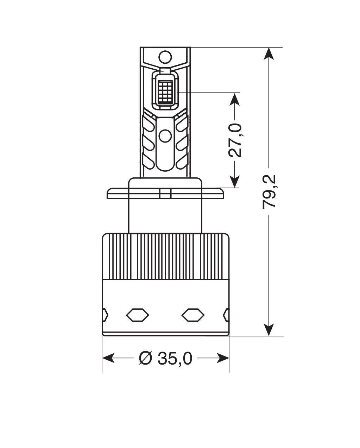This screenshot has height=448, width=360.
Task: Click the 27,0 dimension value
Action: tap(235, 140)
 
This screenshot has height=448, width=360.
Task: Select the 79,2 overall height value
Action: tap(270, 191)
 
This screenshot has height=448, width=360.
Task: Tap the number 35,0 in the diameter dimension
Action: tap(175, 358)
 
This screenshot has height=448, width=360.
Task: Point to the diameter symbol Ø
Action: tap(145, 358)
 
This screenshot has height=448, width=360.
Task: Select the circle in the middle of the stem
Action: tap(165, 135)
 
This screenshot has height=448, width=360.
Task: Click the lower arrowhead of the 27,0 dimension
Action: tap(235, 181)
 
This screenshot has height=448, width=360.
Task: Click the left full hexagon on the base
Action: tap(138, 314)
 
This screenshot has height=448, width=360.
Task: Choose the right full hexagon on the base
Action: tap(193, 314)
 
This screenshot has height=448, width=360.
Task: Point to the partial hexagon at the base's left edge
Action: tap(105, 314)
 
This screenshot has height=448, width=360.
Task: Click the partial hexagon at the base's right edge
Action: tap(227, 314)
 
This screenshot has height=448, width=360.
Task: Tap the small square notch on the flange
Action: tap(165, 194)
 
